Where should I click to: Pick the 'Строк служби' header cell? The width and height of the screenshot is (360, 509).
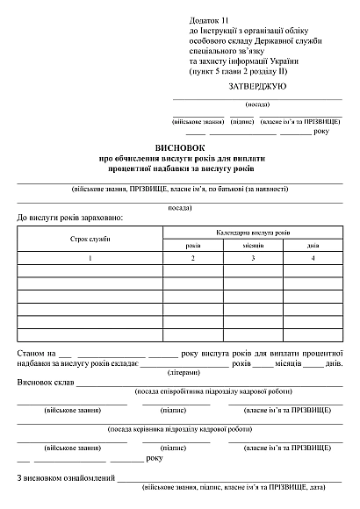coord(89,239)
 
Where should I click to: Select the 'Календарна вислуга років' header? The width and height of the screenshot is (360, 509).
coord(252,232)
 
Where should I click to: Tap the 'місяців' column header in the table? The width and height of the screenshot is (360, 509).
coord(252,246)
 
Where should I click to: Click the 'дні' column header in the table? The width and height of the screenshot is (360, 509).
coord(313,246)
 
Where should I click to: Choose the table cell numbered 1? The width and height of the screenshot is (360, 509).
coord(89,259)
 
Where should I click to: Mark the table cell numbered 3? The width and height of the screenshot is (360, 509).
coord(252,259)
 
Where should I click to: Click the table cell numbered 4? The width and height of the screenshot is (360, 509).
coord(313,259)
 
